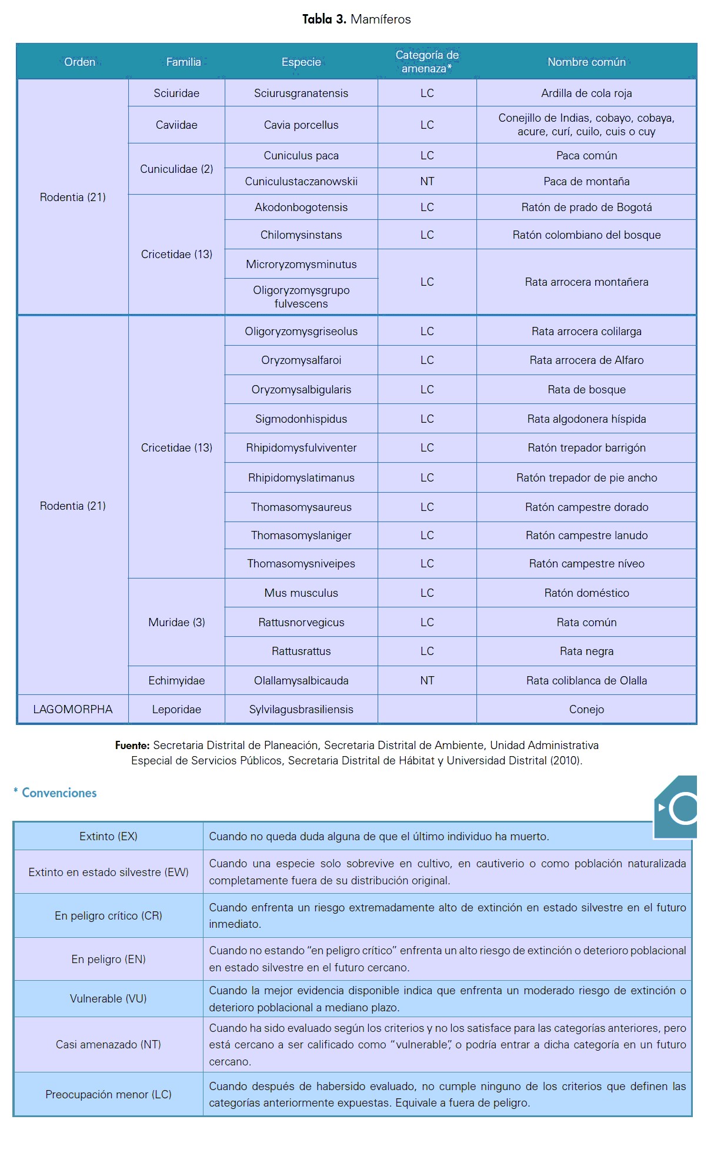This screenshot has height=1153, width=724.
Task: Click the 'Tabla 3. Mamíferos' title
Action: pyautogui.click(x=356, y=19)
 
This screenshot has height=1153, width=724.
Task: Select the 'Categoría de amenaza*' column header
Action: pyautogui.click(x=427, y=62)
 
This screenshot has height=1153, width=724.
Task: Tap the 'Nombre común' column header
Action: pyautogui.click(x=586, y=62)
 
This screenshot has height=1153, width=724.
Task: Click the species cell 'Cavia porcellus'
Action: pyautogui.click(x=301, y=125)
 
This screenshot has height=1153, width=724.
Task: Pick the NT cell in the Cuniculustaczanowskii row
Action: pyautogui.click(x=427, y=181)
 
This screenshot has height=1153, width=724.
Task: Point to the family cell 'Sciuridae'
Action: pyautogui.click(x=176, y=93)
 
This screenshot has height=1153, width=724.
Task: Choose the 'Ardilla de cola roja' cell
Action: pyautogui.click(x=586, y=93)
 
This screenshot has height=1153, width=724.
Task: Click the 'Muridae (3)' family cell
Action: pyautogui.click(x=176, y=622)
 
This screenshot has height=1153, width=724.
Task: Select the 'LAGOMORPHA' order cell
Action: pyautogui.click(x=73, y=709)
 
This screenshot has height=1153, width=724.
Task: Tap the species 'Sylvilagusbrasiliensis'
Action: pyautogui.click(x=301, y=709)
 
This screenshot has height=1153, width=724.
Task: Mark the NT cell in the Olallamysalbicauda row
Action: pyautogui.click(x=427, y=680)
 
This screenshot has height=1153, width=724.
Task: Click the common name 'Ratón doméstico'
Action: pyautogui.click(x=586, y=593)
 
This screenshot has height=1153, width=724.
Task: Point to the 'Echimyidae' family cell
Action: pyautogui.click(x=176, y=680)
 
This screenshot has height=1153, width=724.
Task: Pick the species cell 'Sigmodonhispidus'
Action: pyautogui.click(x=301, y=419)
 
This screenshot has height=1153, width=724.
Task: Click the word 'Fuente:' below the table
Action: pyautogui.click(x=132, y=745)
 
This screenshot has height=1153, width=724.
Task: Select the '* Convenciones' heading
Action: pyautogui.click(x=56, y=793)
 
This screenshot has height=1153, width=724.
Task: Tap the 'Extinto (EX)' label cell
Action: pyautogui.click(x=108, y=836)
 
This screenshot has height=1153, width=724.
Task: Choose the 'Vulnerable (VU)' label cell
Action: pyautogui.click(x=108, y=998)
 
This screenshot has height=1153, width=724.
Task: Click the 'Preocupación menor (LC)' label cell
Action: pyautogui.click(x=108, y=1094)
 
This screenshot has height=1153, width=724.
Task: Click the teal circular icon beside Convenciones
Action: pyautogui.click(x=681, y=808)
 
